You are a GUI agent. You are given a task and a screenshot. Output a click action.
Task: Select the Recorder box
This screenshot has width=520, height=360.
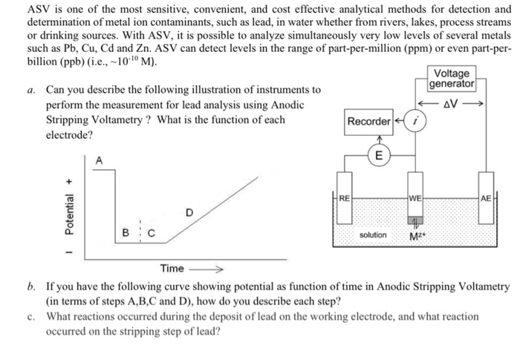(x=368, y=121)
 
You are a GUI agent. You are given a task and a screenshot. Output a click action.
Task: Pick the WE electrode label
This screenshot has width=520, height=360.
(x=415, y=198)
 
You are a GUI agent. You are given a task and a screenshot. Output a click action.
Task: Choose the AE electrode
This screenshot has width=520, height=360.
(x=487, y=198)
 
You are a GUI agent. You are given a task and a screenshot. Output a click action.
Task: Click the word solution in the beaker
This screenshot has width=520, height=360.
(x=373, y=235)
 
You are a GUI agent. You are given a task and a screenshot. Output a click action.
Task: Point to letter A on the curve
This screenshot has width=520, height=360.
(x=100, y=160)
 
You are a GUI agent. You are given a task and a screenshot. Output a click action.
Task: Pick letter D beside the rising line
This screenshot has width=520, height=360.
(x=189, y=213)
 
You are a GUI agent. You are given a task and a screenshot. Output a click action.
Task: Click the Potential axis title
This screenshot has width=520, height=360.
(x=70, y=212)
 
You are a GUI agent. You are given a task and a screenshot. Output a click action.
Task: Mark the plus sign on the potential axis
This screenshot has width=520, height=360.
(x=70, y=177)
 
